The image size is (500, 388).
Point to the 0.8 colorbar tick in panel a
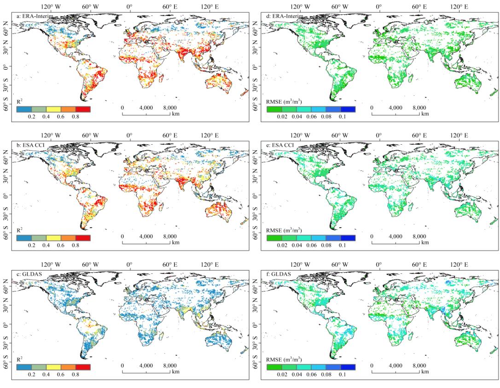click(75, 117)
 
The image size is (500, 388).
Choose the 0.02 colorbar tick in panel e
click(281, 246)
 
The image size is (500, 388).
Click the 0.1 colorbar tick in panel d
click(341, 117)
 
